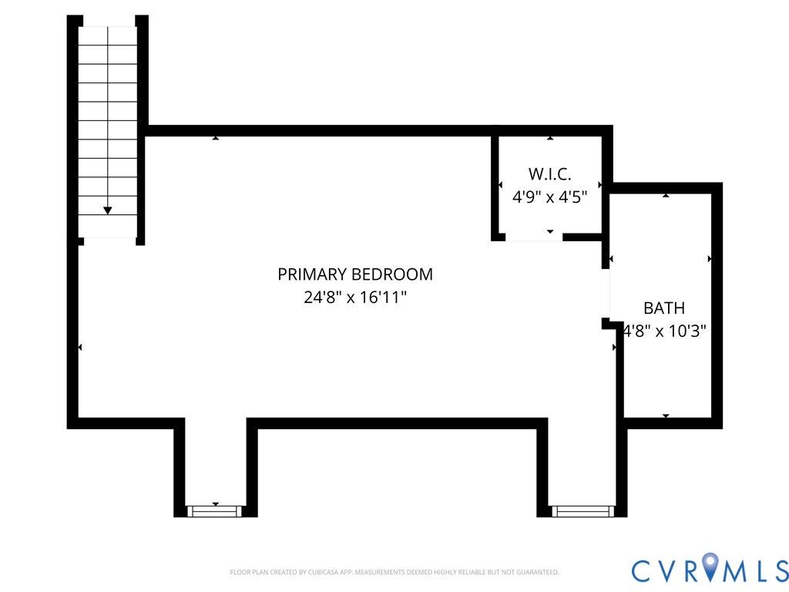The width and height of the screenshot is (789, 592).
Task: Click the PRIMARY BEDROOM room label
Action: coord(354,274)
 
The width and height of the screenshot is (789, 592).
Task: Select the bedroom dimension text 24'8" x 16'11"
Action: coord(354,297)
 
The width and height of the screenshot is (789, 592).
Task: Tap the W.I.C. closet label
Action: coord(549,174)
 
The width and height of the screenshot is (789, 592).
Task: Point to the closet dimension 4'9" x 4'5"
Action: coord(549,197)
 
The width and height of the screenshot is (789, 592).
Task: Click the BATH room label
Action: coord(664,308)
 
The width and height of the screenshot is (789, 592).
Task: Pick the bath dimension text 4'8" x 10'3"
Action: coord(665,331)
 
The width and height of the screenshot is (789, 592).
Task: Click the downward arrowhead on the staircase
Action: coord(107,210)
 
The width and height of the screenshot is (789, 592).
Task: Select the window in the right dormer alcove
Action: coord(583,512)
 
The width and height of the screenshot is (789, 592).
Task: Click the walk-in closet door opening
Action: coord(534,237)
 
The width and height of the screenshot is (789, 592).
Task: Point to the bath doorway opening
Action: coord(606,294)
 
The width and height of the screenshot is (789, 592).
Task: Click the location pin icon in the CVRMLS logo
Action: coord(710,565)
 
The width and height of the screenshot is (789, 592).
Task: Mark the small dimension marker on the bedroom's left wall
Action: coord(79,348)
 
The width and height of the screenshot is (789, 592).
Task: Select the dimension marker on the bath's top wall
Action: coord(666,195)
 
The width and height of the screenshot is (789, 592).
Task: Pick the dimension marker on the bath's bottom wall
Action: coord(666,415)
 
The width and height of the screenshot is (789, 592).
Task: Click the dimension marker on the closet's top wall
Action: coord(550,138)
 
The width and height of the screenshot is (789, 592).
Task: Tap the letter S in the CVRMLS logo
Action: coord(780,570)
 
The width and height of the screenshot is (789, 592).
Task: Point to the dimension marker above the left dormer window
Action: coord(216,504)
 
